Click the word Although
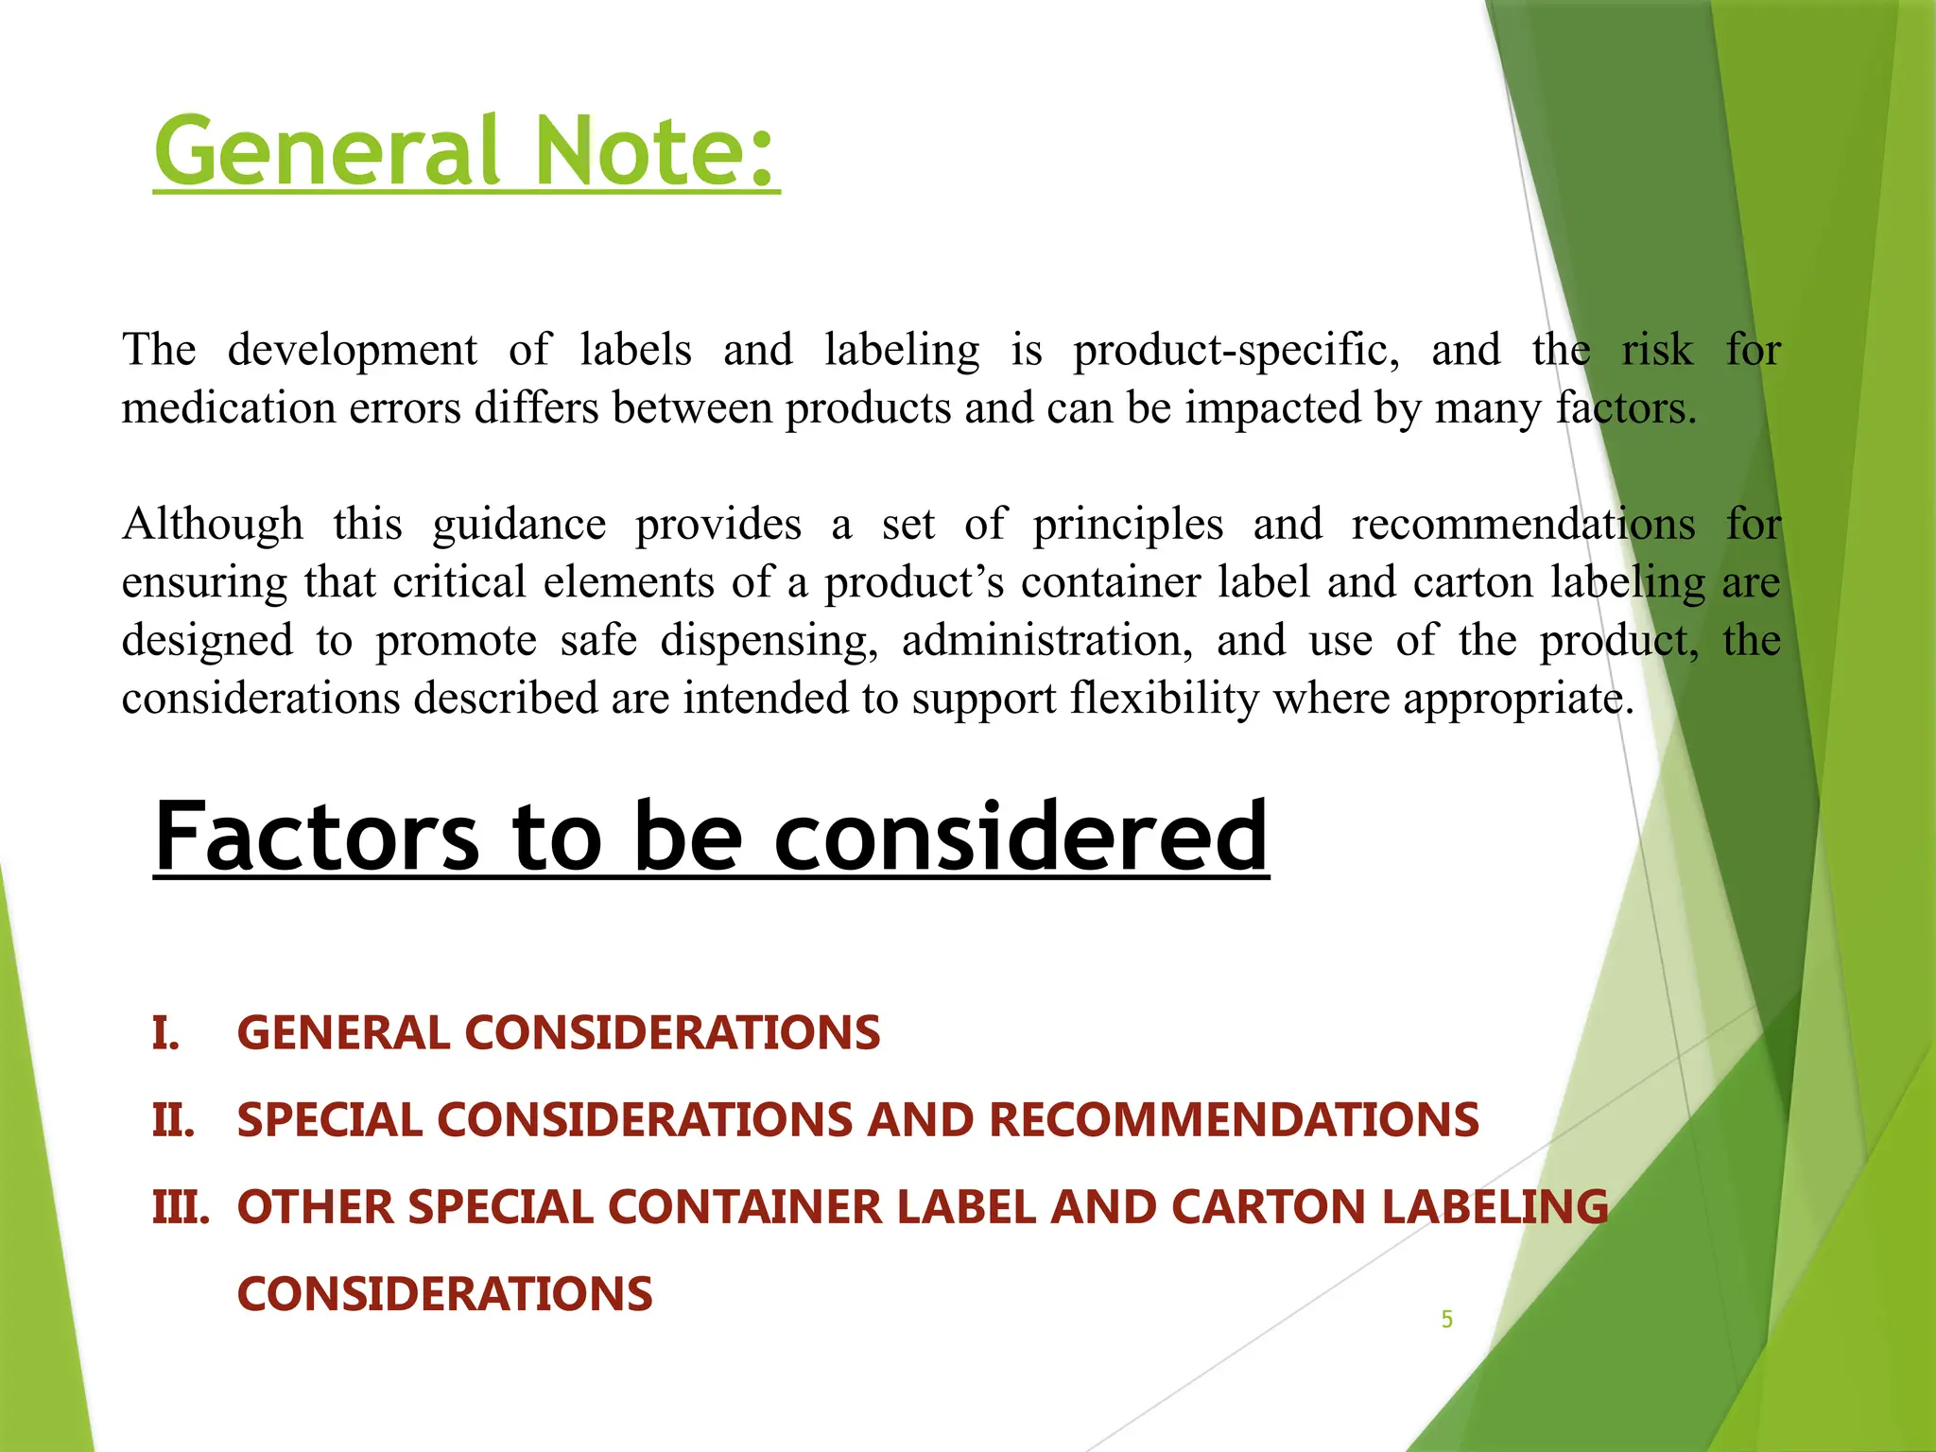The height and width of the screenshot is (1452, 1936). (213, 525)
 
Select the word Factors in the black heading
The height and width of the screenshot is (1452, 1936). (318, 837)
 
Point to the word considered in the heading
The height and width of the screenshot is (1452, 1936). (1021, 837)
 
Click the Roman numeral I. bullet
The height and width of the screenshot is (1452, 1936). (166, 1032)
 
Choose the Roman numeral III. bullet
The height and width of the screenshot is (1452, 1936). (181, 1207)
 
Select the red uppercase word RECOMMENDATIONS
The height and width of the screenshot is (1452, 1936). (1234, 1120)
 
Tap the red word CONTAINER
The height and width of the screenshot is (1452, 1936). (744, 1207)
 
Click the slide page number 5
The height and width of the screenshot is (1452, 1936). (1446, 1320)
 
